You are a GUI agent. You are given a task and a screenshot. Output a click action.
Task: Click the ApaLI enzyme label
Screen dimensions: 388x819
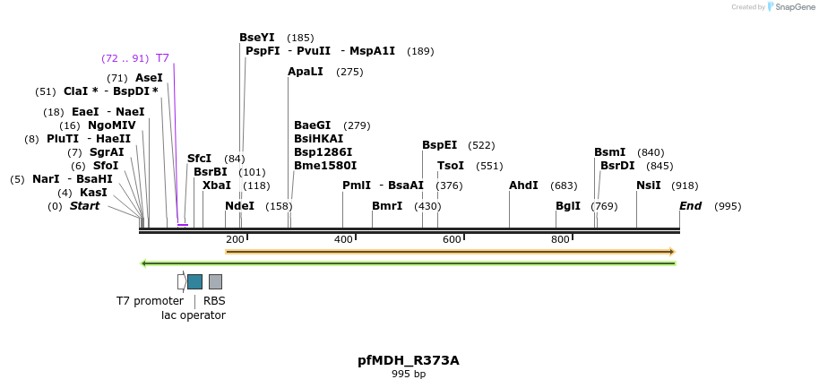pos(305,72)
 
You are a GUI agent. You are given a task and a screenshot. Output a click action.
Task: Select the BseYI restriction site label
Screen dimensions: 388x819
pos(258,38)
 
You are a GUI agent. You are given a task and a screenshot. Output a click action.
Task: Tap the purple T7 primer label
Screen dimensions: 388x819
pos(162,58)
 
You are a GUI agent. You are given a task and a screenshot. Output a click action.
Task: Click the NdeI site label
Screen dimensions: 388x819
pos(239,205)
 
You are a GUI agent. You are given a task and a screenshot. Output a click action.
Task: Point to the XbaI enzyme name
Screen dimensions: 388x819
pos(216,185)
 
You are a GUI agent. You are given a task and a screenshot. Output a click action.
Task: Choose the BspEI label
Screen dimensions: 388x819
pos(439,145)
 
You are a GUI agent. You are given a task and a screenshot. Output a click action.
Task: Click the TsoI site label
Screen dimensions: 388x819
pos(451,166)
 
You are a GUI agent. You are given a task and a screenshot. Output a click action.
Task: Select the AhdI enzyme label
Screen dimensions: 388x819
pos(523,185)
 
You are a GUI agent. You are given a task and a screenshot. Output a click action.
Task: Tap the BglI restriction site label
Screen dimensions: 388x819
pos(567,205)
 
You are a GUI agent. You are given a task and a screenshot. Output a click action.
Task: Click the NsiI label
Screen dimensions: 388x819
pos(648,185)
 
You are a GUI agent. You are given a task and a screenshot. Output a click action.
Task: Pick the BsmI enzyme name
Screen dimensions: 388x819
pos(609,152)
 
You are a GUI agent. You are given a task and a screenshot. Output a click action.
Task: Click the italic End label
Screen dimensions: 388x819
pos(690,206)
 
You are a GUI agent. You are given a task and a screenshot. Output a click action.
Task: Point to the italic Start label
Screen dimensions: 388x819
pos(84,206)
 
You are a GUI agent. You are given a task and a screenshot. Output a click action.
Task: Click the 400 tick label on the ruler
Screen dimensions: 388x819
pos(343,239)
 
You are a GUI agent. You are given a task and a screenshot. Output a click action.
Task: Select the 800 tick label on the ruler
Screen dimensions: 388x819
pos(560,239)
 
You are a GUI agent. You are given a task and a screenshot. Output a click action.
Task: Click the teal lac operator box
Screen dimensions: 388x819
pos(194,281)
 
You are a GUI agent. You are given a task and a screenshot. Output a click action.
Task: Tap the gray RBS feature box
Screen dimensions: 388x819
pos(215,281)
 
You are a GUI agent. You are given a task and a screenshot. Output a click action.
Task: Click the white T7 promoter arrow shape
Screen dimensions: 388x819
pos(182,281)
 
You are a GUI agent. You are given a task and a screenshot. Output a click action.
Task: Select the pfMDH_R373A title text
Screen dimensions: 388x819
pos(409,360)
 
